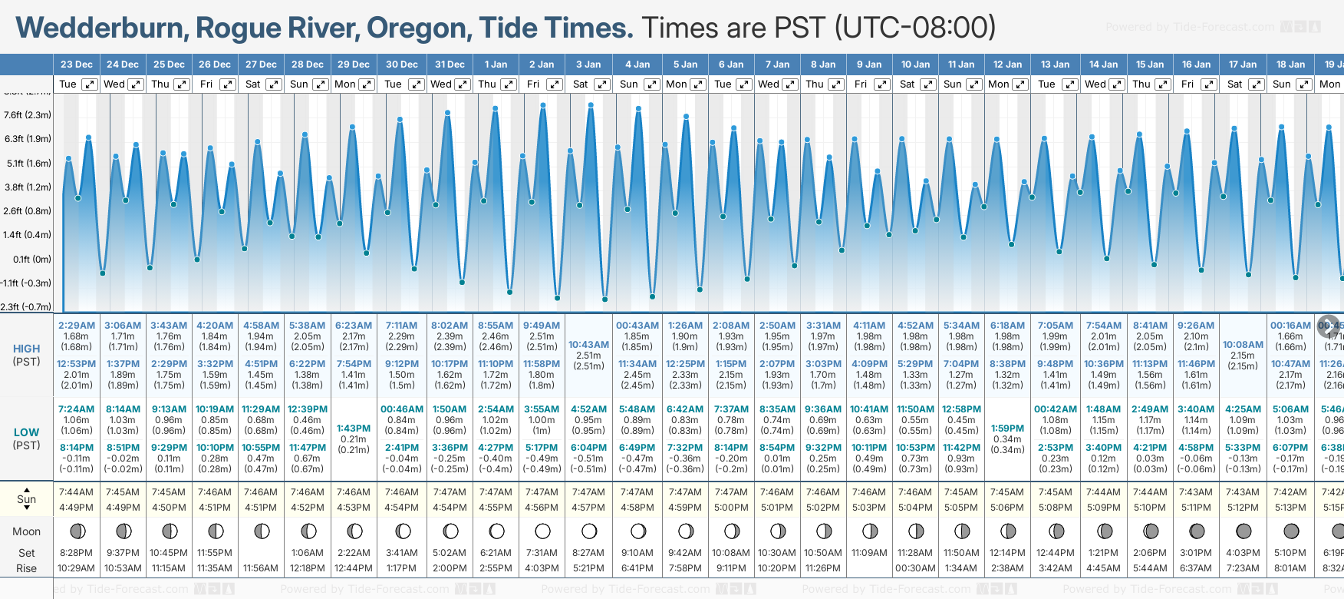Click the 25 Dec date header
(169, 65)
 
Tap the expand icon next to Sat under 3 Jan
(602, 84)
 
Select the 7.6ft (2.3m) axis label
(27, 115)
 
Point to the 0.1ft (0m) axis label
(27, 260)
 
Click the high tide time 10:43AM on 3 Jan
(588, 345)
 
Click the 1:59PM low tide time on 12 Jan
(1007, 429)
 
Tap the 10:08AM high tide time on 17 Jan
(1242, 345)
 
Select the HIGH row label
(26, 349)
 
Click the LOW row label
(26, 432)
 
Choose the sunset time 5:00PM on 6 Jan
(730, 508)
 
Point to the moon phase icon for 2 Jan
(542, 531)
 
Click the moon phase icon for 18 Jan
(1291, 531)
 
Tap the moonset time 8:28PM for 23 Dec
(76, 553)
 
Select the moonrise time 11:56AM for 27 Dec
(261, 568)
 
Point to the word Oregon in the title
(417, 28)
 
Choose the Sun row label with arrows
(26, 499)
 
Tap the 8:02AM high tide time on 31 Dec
(450, 326)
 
